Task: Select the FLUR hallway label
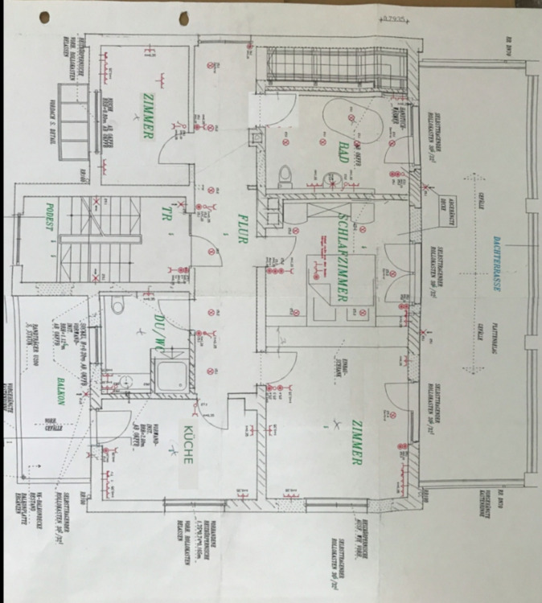point(240,228)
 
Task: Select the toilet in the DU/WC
point(117,304)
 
